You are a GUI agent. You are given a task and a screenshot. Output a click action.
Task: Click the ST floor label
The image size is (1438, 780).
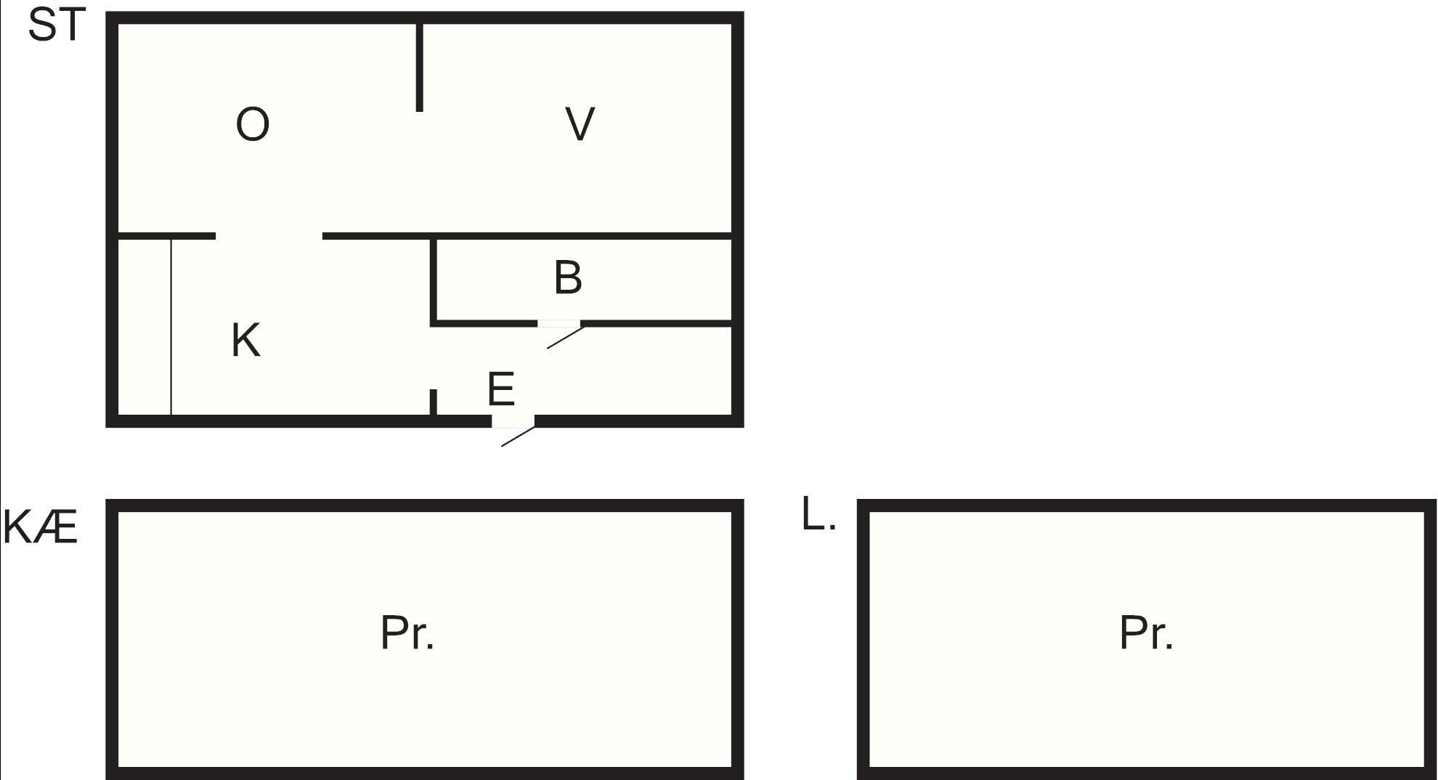[57, 25]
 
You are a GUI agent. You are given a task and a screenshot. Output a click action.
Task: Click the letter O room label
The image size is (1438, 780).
[253, 124]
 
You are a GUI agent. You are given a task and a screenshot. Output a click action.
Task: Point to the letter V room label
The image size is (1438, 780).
[580, 123]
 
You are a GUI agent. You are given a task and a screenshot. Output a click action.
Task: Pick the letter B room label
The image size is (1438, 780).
[568, 277]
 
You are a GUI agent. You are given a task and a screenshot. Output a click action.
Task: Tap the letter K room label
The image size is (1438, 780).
[245, 340]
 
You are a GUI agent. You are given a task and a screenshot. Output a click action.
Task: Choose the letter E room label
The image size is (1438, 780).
[501, 389]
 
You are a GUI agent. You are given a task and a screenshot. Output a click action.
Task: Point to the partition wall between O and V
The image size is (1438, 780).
[419, 68]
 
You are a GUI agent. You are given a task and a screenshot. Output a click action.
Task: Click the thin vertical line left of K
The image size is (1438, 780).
[171, 327]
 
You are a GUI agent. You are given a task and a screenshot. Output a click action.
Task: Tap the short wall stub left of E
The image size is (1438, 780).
[433, 402]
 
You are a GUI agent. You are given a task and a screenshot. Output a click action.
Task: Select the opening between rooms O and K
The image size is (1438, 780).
[269, 236]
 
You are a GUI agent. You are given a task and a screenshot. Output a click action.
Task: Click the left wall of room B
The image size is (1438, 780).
[434, 281]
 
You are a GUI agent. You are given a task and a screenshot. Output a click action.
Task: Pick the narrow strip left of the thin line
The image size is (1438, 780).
[144, 327]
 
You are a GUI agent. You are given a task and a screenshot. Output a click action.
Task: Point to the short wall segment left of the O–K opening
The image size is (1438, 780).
[166, 236]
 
